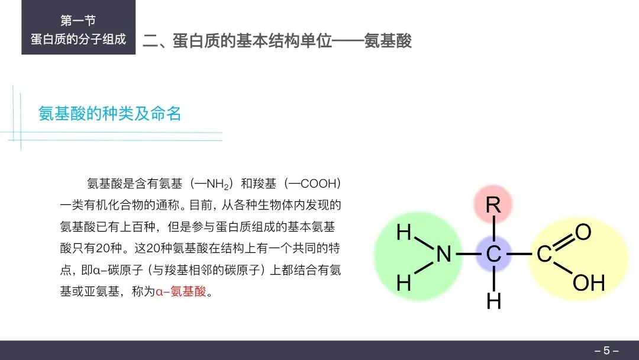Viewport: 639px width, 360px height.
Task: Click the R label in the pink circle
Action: (493, 205)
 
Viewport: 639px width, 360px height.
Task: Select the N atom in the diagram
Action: (444, 255)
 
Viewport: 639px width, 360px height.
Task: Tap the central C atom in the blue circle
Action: (493, 255)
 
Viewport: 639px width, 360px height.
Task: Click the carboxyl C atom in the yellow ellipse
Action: (544, 255)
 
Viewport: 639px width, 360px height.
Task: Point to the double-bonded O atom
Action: (583, 232)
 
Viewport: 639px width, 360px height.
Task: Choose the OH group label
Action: (589, 283)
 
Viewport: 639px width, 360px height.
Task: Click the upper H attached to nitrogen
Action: (404, 233)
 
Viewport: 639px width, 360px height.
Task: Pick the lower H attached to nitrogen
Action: (404, 284)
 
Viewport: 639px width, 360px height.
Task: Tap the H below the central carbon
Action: (493, 301)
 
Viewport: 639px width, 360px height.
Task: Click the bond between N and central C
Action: (468, 255)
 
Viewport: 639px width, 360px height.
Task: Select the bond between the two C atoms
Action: (518, 255)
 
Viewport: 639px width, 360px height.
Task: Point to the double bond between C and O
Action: (563, 242)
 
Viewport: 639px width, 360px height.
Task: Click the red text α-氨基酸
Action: (183, 291)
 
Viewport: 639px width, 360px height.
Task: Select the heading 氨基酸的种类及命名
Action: (110, 113)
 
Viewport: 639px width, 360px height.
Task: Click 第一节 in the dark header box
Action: (78, 21)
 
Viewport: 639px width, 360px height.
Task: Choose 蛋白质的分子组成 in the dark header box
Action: (78, 40)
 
